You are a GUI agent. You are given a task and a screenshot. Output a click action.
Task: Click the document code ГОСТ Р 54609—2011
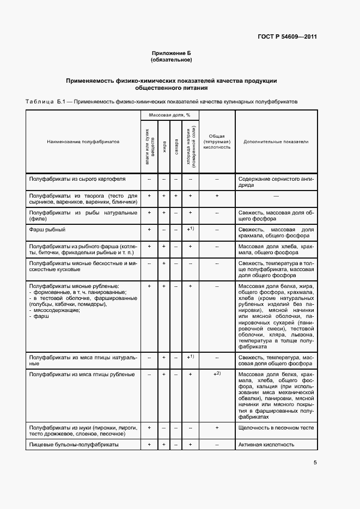[x=287, y=38]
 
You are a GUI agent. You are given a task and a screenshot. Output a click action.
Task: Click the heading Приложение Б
[x=172, y=53]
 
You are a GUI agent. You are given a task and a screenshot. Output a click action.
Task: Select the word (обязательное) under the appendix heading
[x=172, y=59]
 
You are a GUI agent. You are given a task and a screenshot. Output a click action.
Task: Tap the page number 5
[x=315, y=463]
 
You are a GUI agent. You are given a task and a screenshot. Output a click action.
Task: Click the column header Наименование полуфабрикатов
[x=83, y=142]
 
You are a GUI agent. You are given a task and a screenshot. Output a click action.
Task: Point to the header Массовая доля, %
[x=170, y=115]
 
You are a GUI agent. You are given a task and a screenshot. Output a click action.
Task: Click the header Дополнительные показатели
[x=276, y=142]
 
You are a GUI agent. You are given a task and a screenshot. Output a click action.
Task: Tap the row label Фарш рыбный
[x=44, y=229]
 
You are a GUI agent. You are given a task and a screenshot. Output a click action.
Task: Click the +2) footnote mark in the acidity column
[x=217, y=374]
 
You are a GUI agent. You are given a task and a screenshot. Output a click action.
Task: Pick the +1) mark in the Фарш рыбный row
[x=190, y=229]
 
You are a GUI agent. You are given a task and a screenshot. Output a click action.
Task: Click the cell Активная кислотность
[x=266, y=444]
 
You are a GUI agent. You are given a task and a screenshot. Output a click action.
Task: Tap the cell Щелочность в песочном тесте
[x=276, y=427]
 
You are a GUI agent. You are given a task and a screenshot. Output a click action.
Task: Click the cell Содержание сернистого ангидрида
[x=276, y=181]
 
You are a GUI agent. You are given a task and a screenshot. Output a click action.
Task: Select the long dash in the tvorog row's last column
[x=276, y=195]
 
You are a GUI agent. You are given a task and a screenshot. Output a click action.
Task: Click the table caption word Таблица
[x=39, y=102]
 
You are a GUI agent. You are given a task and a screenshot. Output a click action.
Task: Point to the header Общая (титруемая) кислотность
[x=217, y=142]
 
